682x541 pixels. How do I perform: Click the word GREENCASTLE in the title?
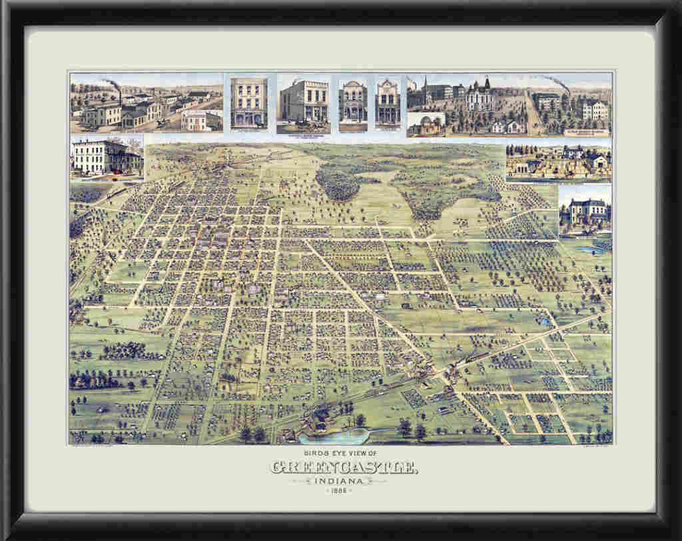[x=344, y=468]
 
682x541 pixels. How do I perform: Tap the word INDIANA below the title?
[x=344, y=480]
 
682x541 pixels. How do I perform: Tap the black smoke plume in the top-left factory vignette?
[x=112, y=83]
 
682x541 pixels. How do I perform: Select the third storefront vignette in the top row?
[x=353, y=104]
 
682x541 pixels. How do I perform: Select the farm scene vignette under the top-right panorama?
[x=558, y=162]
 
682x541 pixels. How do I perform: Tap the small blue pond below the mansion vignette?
[x=589, y=250]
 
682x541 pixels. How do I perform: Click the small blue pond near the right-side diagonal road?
[x=545, y=322]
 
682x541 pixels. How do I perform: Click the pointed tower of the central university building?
[x=486, y=84]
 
